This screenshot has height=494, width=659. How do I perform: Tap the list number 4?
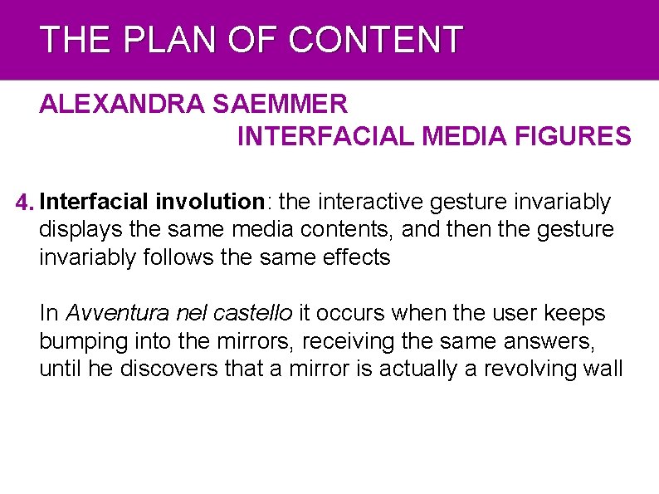(25, 203)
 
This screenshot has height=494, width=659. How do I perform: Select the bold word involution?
(209, 202)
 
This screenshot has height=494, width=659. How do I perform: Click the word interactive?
(370, 202)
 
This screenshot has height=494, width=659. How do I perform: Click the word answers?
(549, 341)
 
